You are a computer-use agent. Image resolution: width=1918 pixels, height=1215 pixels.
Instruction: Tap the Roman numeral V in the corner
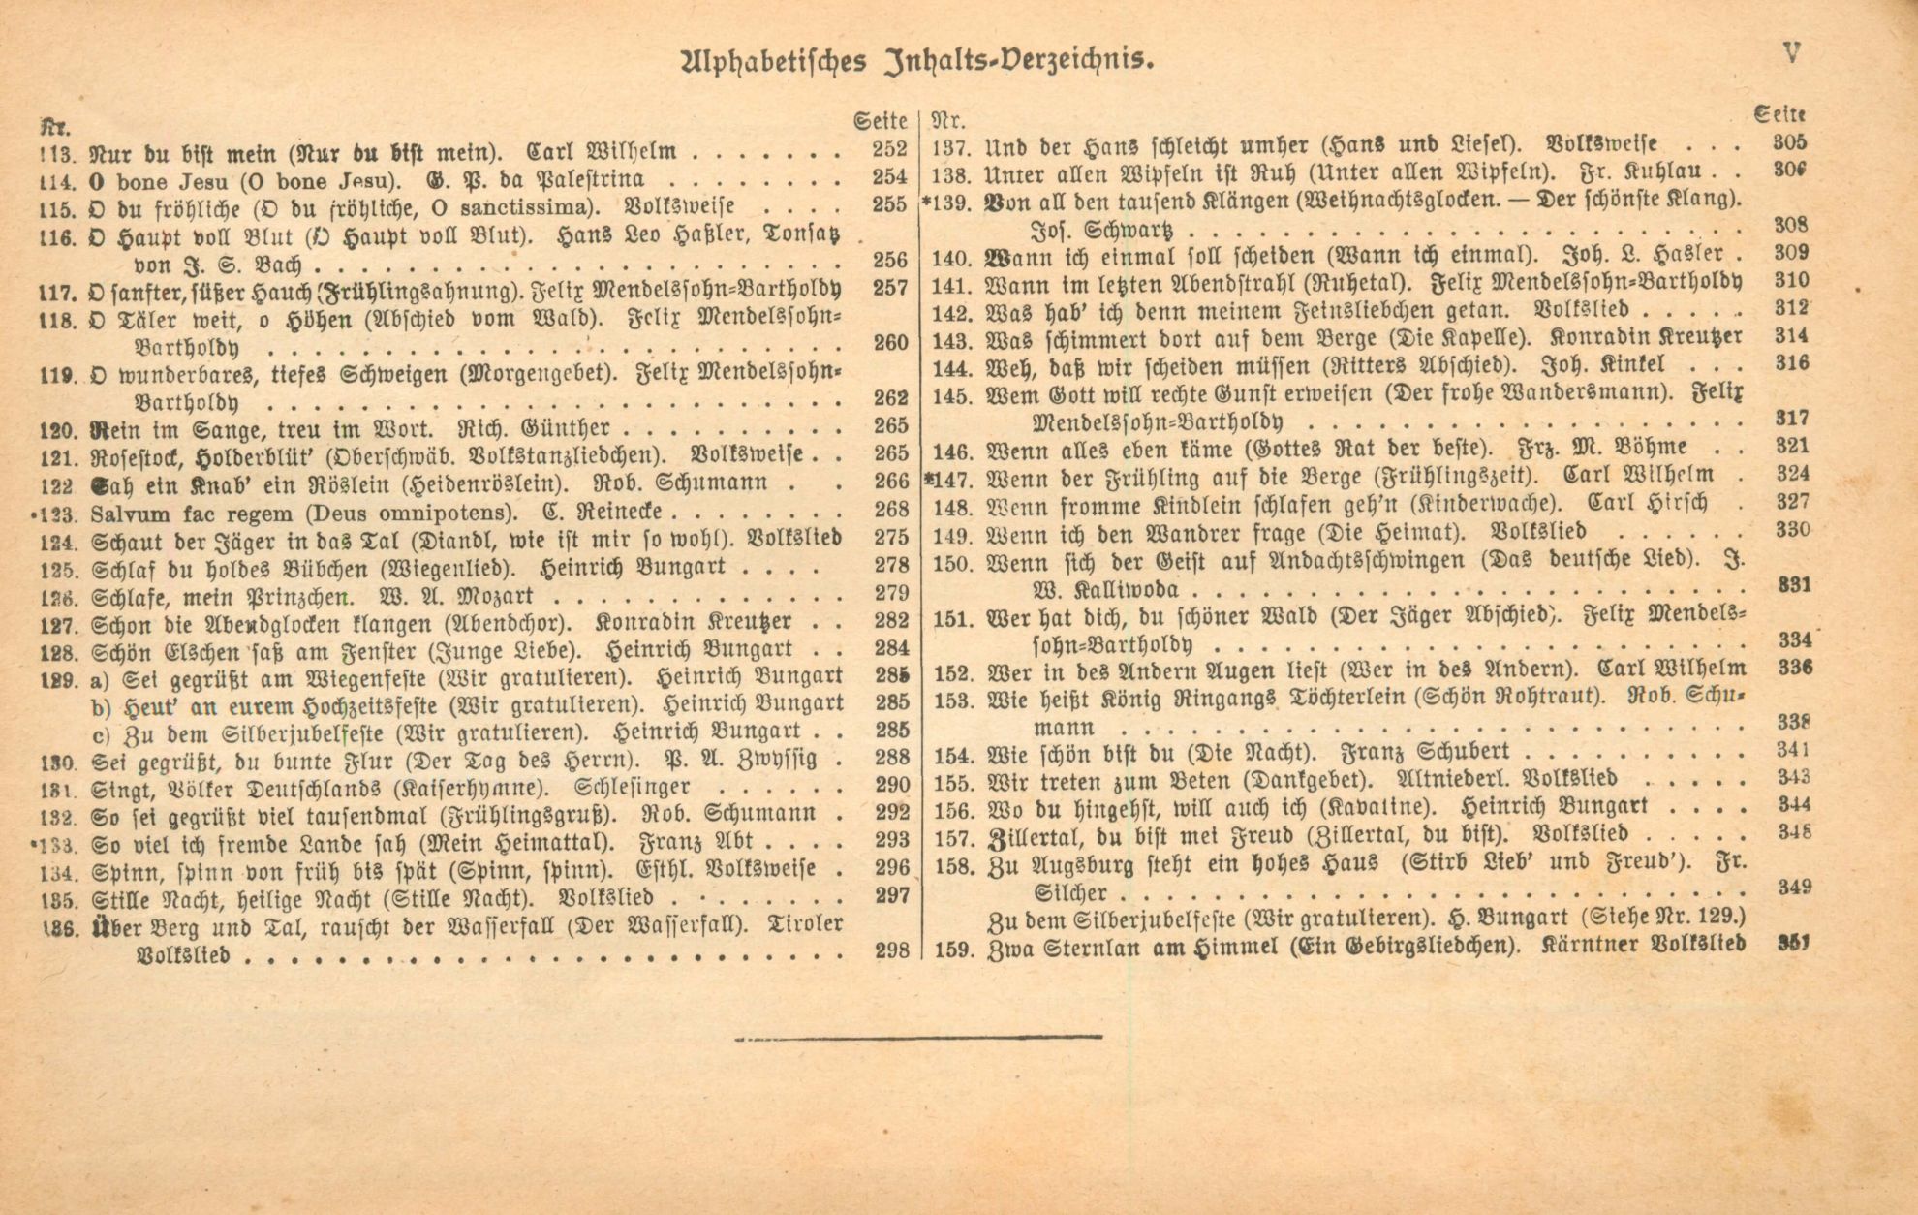(1791, 53)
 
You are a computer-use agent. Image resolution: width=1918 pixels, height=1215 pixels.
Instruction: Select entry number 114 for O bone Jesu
(58, 180)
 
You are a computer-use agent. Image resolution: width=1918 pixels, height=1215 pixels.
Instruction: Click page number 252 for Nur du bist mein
(889, 150)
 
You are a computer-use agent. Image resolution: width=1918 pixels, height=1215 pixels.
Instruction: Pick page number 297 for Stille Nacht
(891, 896)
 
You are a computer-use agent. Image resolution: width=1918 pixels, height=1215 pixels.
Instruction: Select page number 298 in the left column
(891, 951)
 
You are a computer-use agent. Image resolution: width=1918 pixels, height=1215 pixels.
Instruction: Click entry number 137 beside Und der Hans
(951, 148)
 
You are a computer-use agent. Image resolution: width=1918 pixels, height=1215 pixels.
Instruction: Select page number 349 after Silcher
(1790, 887)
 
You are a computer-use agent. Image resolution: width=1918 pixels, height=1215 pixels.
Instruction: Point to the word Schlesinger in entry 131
(633, 786)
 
